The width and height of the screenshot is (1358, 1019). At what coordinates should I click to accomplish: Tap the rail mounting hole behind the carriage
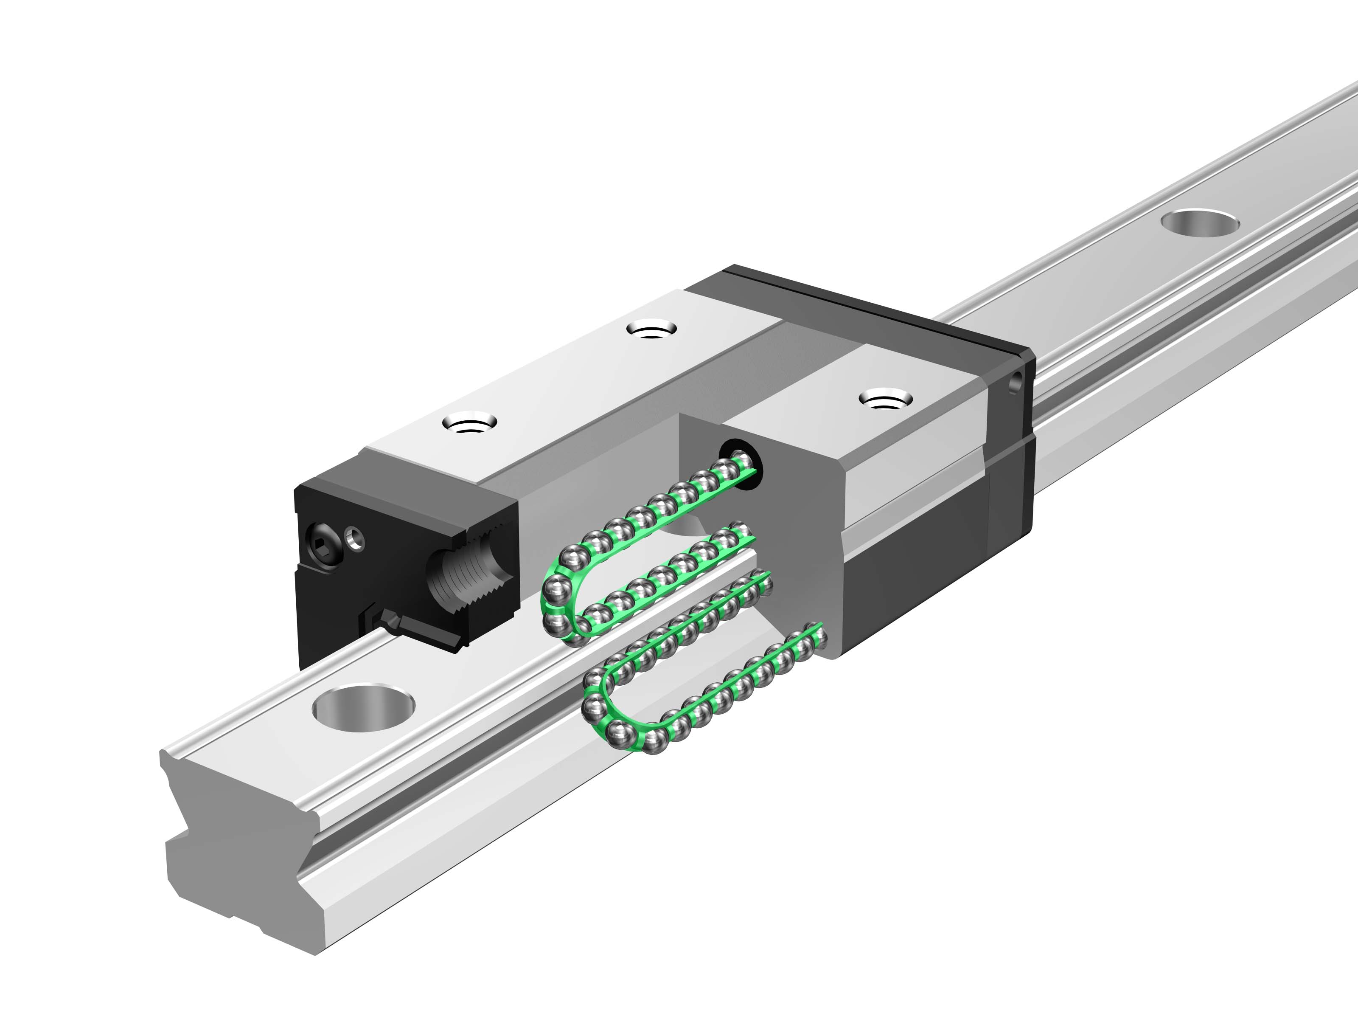[x=1200, y=222]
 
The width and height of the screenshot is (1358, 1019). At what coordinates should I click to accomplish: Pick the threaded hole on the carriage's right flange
[x=885, y=400]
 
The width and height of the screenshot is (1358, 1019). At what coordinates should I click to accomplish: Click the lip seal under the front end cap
[x=424, y=633]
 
